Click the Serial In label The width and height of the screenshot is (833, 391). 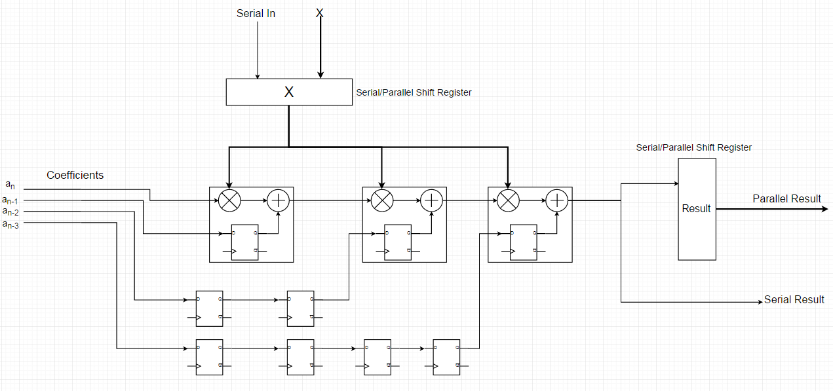point(256,13)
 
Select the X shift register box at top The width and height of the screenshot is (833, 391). point(288,92)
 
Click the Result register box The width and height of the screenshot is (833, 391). point(697,209)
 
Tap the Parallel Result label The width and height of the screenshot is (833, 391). point(786,198)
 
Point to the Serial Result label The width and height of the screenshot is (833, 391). point(794,299)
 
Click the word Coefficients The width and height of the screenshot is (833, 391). point(75,176)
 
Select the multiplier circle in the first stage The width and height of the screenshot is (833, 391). point(229,200)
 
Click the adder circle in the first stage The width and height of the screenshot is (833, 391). point(278,200)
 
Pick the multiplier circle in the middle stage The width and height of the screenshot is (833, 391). point(382,200)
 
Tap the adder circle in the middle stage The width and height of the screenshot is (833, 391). point(431,200)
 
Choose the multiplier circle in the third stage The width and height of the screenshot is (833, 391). point(508,200)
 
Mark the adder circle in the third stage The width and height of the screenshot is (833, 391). point(557,200)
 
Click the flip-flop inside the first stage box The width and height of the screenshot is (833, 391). point(244,242)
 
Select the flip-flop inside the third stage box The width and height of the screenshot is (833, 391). point(523,242)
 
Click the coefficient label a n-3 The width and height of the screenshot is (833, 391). point(10,225)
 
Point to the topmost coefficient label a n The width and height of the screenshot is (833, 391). point(10,185)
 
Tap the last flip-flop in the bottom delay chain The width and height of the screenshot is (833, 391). point(446,357)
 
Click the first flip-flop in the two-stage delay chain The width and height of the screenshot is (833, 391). point(209,308)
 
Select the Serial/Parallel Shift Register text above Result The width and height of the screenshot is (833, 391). point(693,147)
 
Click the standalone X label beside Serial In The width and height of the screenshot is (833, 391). point(320,13)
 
